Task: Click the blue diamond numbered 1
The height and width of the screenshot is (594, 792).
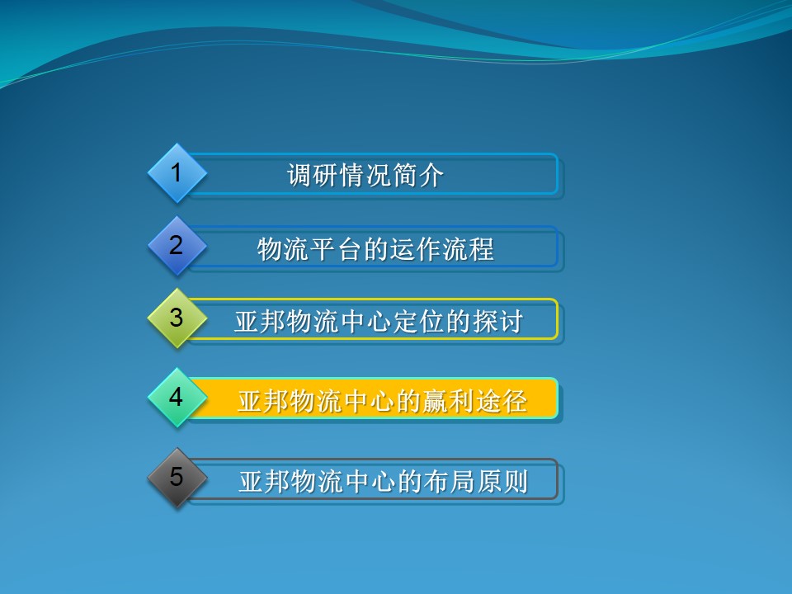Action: (x=177, y=173)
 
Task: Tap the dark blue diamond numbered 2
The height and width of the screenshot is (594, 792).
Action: (x=177, y=246)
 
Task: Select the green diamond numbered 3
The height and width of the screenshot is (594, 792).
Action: (x=177, y=318)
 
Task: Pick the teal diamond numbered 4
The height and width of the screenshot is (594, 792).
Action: (x=177, y=398)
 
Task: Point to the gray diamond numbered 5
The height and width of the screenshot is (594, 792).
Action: (x=177, y=478)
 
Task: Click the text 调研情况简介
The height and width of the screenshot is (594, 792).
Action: (x=365, y=176)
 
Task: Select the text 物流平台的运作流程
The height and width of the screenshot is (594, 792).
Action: (x=375, y=248)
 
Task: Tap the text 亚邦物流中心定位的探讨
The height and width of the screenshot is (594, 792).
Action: (x=379, y=321)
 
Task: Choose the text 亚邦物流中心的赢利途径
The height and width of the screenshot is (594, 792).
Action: (x=382, y=401)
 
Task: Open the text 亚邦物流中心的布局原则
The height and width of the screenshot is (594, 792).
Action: (x=383, y=481)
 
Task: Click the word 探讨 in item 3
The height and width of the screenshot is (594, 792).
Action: (x=497, y=321)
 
